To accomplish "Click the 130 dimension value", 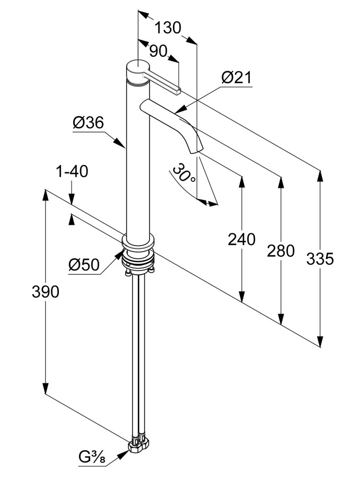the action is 168,28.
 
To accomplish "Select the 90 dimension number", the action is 158,51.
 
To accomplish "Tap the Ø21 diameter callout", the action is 236,77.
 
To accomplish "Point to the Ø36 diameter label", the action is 88,123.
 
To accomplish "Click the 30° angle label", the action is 184,173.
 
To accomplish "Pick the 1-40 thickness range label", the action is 72,171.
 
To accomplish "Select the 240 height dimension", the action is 241,239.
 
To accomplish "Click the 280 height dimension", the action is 280,251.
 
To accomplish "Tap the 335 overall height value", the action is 320,259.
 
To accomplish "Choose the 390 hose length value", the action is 46,292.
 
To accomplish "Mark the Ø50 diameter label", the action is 84,265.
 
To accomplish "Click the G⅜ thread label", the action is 92,466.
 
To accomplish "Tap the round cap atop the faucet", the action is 138,71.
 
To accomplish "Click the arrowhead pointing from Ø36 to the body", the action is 120,143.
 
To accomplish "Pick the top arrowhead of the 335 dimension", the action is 320,176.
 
